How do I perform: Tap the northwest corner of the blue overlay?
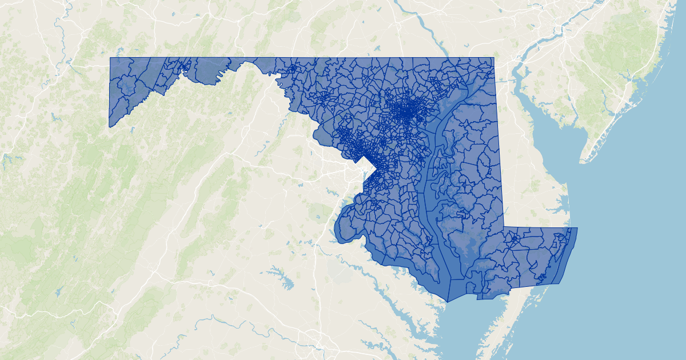point(110,58)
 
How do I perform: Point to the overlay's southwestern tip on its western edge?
point(109,126)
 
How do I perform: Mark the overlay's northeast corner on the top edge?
point(493,58)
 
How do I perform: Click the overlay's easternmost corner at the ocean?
point(577,228)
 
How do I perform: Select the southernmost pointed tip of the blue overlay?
point(448,302)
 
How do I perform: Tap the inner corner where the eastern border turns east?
point(504,227)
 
